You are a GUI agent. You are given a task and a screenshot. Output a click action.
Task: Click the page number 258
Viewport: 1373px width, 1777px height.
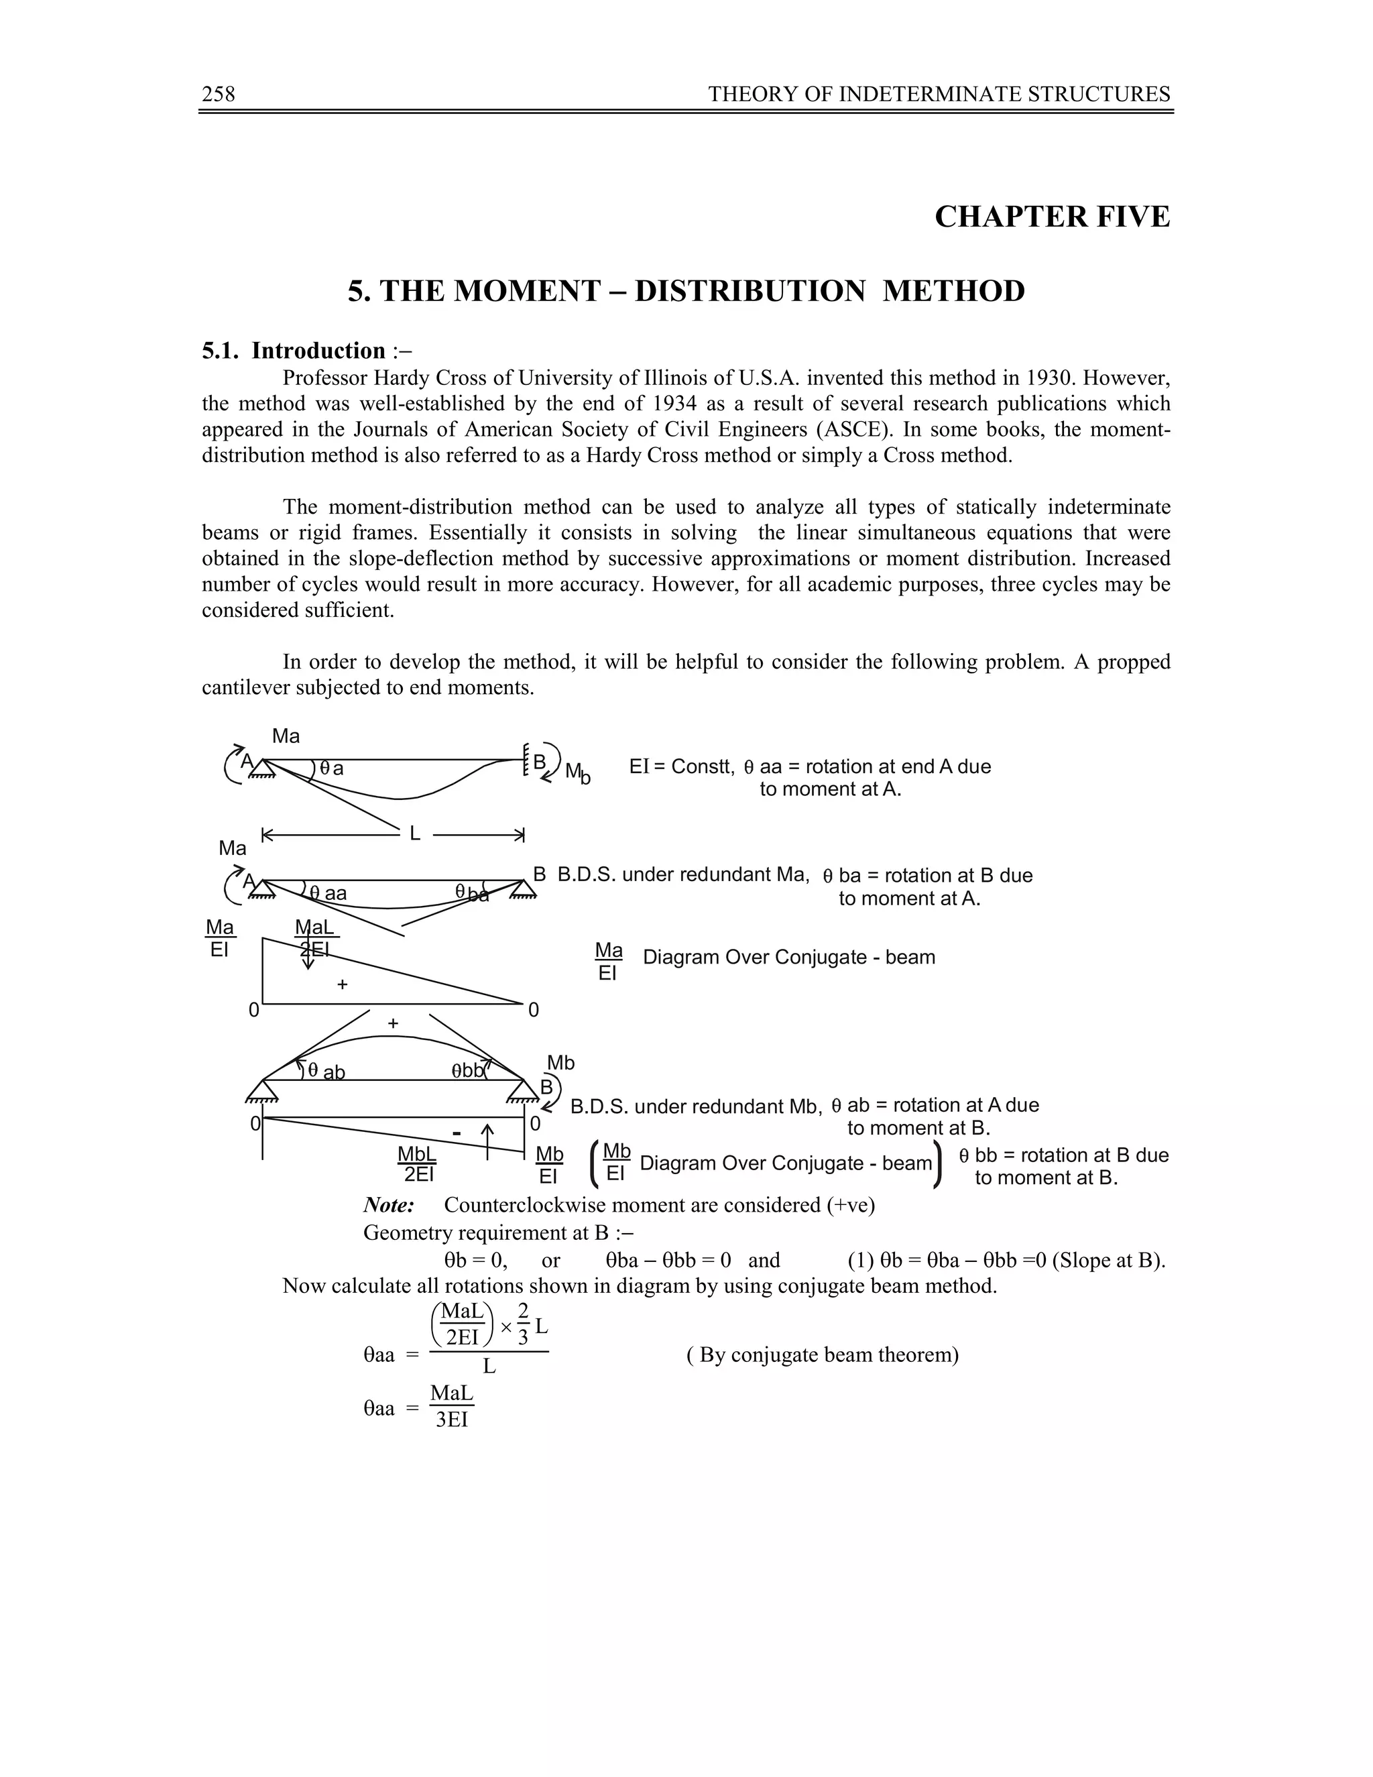218,95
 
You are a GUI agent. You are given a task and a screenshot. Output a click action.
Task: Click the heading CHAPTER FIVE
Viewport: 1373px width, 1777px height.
1052,217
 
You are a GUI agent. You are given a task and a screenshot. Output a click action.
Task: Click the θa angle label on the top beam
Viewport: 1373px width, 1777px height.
331,768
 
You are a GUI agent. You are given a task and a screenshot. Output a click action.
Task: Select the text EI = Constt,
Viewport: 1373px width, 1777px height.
682,766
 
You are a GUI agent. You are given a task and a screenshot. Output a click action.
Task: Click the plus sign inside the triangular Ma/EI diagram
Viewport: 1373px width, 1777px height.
343,984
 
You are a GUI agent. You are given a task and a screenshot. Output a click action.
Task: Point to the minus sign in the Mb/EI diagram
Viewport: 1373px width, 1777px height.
457,1133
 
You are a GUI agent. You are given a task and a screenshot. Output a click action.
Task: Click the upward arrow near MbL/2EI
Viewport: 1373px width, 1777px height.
487,1141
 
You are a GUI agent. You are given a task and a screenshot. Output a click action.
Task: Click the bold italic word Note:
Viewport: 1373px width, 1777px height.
389,1205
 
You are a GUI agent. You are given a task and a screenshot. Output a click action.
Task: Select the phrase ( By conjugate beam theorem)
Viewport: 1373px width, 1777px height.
823,1355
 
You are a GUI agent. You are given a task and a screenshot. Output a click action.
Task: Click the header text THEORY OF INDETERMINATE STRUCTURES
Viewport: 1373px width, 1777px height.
939,95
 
